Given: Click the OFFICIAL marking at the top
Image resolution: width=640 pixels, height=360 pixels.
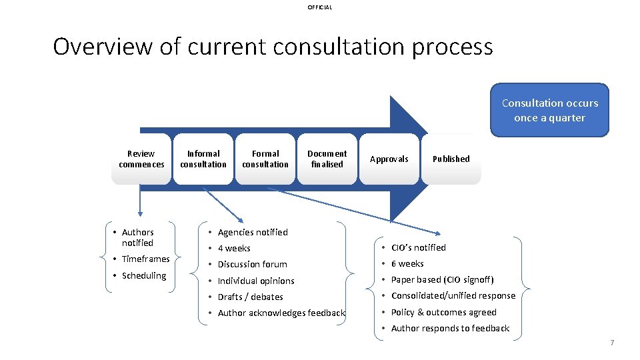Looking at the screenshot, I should pos(319,7).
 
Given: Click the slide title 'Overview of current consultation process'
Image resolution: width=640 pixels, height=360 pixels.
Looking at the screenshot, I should pos(273,47).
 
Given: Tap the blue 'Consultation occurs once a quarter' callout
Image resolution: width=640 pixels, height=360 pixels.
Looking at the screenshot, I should pos(549,110).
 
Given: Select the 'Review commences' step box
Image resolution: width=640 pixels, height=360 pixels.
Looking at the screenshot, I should pos(141,159).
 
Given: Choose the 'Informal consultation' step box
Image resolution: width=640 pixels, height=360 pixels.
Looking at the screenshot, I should pos(203,159).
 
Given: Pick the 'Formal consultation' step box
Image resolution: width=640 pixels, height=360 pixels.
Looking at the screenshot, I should pos(265,159).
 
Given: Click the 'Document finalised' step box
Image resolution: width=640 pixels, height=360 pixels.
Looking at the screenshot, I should pos(327,159).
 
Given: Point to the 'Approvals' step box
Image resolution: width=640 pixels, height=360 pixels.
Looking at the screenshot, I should pos(389,159).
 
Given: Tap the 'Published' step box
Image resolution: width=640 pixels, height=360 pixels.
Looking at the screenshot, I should pos(451,159).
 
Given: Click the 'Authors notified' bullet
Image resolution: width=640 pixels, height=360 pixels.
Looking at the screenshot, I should pos(137,237).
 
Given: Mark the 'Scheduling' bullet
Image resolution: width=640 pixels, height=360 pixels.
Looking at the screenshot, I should pos(143,275).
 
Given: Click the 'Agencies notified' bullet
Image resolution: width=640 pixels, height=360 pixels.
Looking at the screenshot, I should pos(252,232).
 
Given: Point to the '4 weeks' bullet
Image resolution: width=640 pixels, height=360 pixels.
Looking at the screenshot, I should pos(234,248).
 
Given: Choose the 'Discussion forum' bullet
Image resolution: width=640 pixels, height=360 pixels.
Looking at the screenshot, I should pos(252,264).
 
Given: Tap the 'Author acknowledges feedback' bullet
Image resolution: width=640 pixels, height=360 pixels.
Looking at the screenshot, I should pos(281,313).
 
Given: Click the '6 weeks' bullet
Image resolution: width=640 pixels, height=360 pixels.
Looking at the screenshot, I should pos(407,263).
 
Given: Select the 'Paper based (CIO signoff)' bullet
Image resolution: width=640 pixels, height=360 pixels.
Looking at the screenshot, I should pos(442,279).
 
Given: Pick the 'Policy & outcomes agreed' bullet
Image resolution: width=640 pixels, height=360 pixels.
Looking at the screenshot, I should pos(443,312).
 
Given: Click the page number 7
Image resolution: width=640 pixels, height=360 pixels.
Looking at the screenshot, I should pos(611,343).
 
